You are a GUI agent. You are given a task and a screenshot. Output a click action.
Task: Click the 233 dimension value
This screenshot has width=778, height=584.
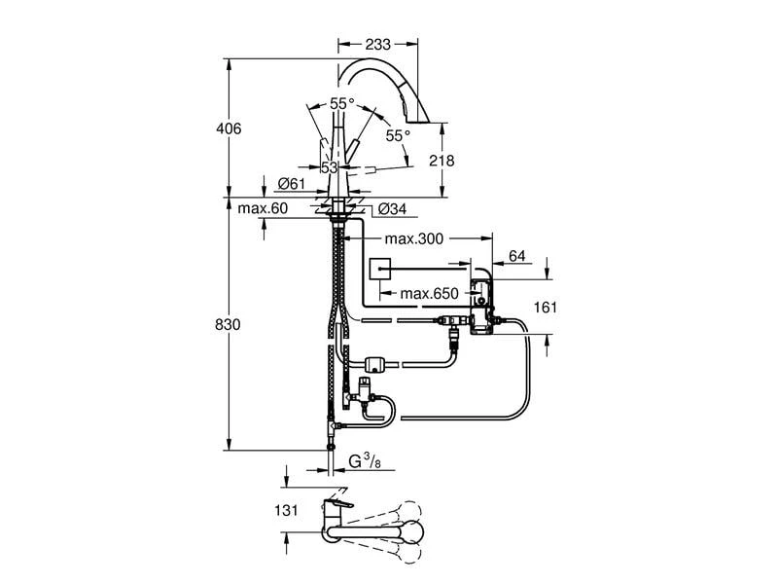378,45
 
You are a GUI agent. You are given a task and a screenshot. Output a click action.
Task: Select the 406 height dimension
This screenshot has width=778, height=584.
229,128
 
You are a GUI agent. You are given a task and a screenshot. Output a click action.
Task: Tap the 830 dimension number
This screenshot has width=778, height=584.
227,324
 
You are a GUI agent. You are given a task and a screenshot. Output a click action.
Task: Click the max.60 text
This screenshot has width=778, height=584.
263,208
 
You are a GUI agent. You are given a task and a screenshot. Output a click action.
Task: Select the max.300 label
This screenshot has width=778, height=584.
413,238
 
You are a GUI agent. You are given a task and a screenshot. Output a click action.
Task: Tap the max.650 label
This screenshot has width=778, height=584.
429,293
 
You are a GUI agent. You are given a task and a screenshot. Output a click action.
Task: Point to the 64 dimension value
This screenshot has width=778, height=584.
516,256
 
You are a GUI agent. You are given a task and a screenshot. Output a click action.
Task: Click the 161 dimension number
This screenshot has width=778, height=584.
546,308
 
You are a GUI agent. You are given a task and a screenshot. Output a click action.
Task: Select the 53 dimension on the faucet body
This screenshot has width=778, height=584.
329,167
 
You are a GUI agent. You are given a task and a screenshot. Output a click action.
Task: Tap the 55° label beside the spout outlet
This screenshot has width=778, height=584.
397,136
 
